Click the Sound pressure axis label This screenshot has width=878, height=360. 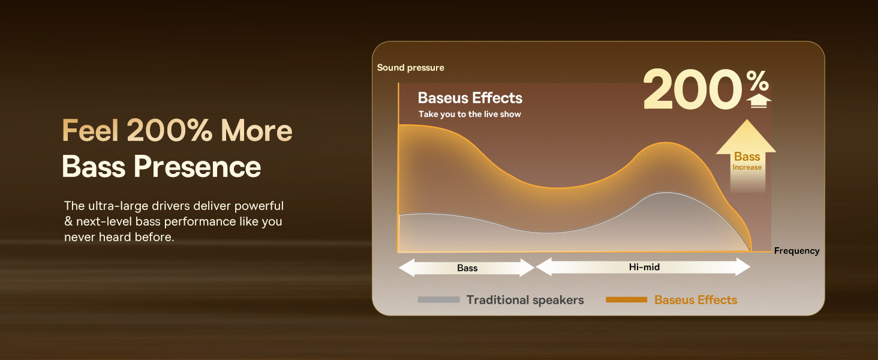coord(410,68)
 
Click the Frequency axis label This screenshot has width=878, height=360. coord(796,251)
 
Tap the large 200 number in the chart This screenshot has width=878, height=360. coord(693,89)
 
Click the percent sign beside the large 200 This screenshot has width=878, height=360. coord(757,81)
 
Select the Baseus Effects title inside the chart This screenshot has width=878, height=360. coord(470,98)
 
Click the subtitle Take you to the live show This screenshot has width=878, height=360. coord(470,114)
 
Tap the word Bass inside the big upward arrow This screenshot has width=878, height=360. coord(747,157)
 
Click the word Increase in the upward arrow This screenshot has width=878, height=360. coord(747,167)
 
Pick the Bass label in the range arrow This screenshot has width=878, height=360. coord(467,268)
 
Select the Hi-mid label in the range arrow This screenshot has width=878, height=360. coord(644,267)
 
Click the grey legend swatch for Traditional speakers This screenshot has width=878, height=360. coord(438,299)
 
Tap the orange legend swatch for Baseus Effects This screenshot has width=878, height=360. coord(626,299)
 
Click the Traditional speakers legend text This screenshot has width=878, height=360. coord(525,300)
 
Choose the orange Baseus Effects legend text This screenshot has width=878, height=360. coord(696,300)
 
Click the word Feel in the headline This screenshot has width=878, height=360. coord(90,130)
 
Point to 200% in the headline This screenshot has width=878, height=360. coord(169,130)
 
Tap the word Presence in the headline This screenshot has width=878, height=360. coord(197,167)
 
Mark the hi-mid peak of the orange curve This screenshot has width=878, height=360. coord(666,142)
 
